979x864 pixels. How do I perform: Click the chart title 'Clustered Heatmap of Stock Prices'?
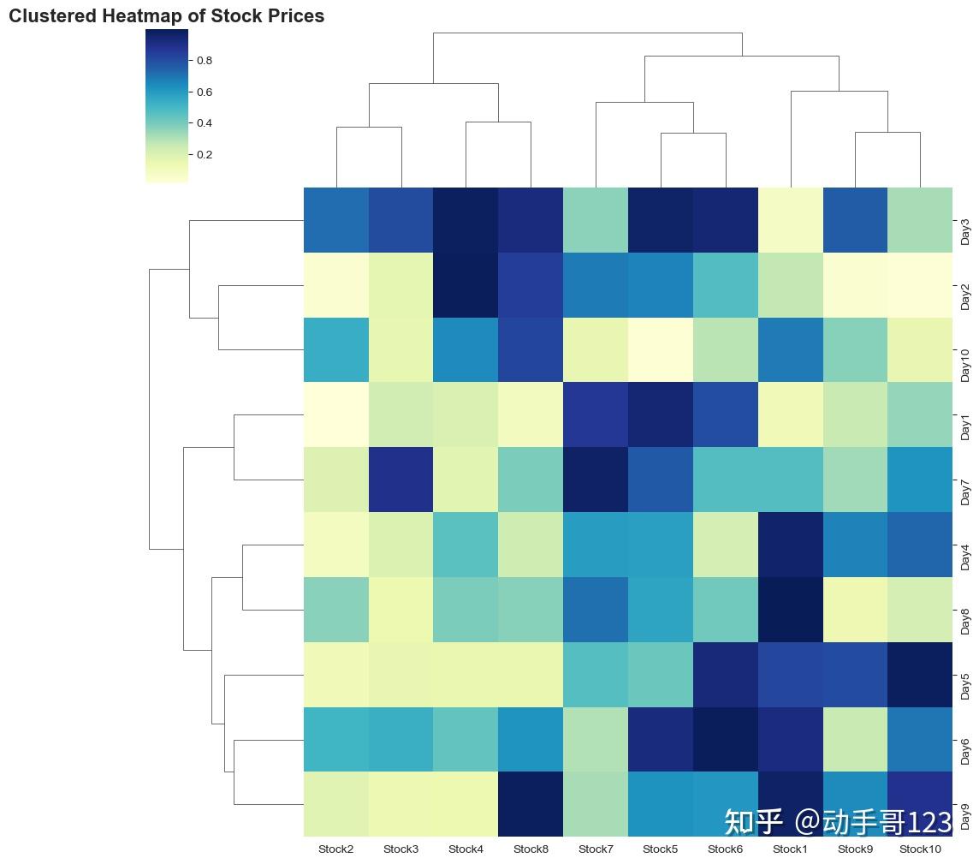coord(166,16)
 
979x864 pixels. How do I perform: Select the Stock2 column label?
coord(336,849)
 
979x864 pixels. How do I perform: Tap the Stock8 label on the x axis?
coord(531,849)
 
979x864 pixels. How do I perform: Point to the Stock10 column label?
coord(920,849)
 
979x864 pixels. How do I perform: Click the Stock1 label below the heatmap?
coord(790,849)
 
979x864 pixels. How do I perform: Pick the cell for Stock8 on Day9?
coord(531,804)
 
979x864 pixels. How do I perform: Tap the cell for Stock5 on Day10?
coord(661,349)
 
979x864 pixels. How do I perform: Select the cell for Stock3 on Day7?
coord(401,480)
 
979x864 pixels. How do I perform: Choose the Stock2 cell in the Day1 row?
coord(336,414)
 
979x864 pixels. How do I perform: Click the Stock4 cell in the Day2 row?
coord(466,284)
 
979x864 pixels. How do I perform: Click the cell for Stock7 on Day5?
coord(596,675)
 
